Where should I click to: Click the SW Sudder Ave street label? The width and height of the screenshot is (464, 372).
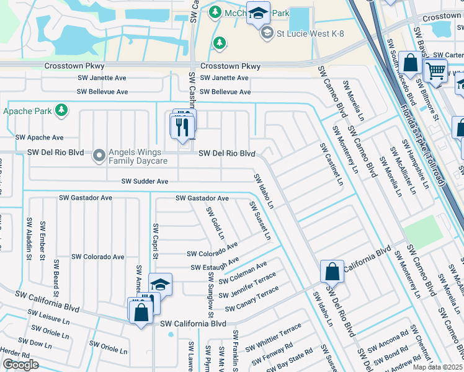pyautogui.click(x=145, y=182)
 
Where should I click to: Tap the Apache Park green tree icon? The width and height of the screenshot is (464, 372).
pyautogui.click(x=61, y=110)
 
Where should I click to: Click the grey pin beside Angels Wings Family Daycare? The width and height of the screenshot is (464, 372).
pyautogui.click(x=99, y=156)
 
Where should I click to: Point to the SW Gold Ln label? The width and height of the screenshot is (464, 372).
pyautogui.click(x=216, y=224)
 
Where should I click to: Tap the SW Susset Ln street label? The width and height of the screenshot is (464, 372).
pyautogui.click(x=260, y=221)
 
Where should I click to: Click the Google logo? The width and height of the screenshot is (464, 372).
pyautogui.click(x=20, y=365)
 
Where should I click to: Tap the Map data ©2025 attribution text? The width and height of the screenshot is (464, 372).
pyautogui.click(x=438, y=367)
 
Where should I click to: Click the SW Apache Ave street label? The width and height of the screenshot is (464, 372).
pyautogui.click(x=40, y=138)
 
